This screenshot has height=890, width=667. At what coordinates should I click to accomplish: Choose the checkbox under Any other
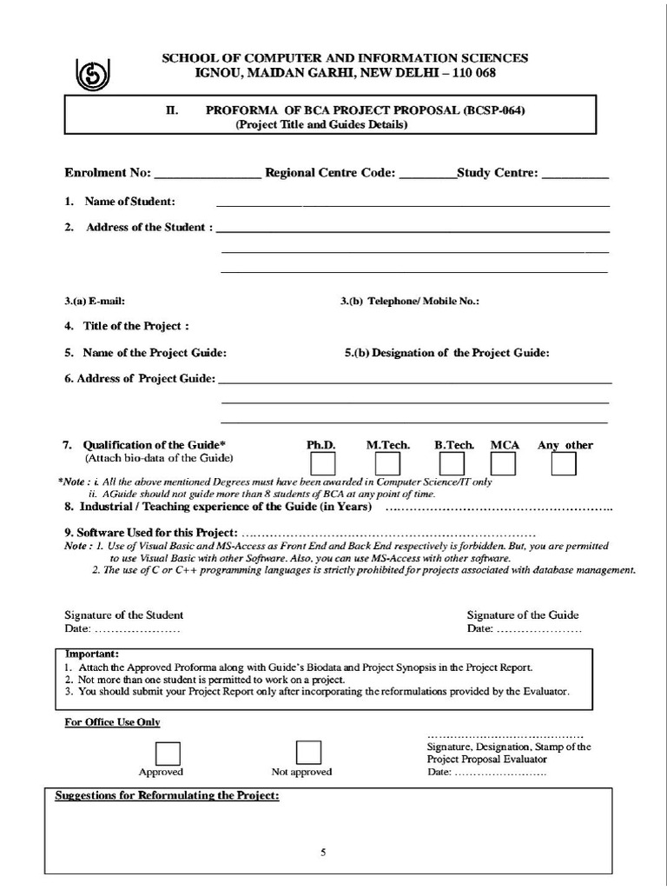pos(564,465)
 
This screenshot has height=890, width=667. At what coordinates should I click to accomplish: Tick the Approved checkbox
pos(168,752)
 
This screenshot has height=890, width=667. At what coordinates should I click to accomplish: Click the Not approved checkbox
pos(308,752)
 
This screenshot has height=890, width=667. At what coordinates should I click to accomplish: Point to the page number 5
pos(322,853)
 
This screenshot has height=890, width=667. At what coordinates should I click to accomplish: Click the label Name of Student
pos(129,202)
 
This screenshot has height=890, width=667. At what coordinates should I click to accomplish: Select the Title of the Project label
pos(135,327)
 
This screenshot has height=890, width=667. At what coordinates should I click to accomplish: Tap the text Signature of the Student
pos(124,614)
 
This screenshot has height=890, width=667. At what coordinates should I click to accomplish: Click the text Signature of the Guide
pos(523,614)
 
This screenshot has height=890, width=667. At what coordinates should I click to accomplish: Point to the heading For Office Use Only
pos(112,722)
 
